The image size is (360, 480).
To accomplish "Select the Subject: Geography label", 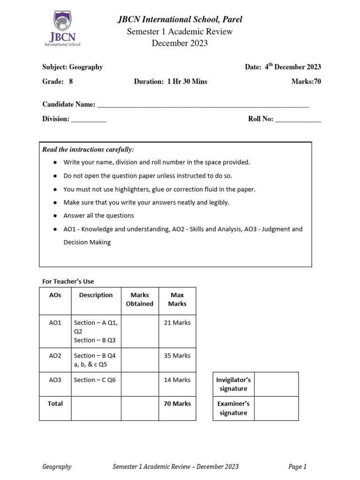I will click(x=72, y=67).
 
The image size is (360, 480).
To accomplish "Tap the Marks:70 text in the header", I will click(x=306, y=81).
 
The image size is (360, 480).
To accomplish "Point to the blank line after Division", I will click(x=89, y=119).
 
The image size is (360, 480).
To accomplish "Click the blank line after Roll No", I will click(x=298, y=119).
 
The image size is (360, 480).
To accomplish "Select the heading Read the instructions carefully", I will click(x=88, y=150).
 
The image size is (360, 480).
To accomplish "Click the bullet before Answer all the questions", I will click(x=55, y=216).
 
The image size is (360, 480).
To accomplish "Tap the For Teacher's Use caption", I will click(x=68, y=281).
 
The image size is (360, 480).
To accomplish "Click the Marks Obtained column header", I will click(x=140, y=300).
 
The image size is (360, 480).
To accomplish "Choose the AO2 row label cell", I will click(x=55, y=356).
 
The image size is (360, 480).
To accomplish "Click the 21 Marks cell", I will click(x=177, y=323).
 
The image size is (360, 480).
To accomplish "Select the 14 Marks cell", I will click(x=177, y=380).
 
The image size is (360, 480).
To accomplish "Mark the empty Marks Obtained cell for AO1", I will click(x=140, y=331).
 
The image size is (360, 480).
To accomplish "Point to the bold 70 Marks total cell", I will click(x=177, y=404).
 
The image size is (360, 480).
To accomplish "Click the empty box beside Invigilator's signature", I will click(x=276, y=384).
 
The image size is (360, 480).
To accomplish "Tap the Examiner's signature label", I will click(x=233, y=408).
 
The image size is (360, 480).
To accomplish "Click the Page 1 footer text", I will click(x=297, y=466).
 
